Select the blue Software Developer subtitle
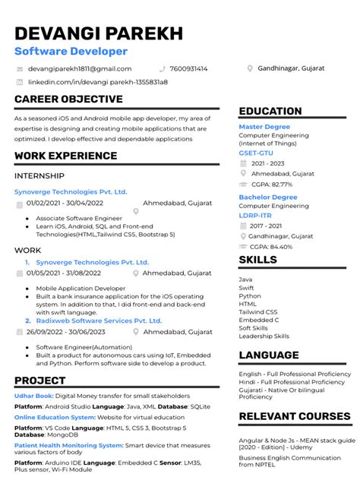[71, 51]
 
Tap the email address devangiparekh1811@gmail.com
[80, 68]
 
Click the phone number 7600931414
[188, 68]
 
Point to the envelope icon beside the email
[20, 68]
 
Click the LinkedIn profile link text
[98, 81]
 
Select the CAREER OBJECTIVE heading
[68, 99]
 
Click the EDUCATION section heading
[270, 111]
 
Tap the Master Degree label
[264, 127]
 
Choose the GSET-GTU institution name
[256, 153]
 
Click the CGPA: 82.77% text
[271, 184]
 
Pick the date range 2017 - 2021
[267, 226]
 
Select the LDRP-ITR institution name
[256, 215]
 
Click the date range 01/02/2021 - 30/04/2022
[65, 203]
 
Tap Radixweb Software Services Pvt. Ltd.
[99, 321]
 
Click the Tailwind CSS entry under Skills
[258, 311]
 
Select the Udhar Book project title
[33, 396]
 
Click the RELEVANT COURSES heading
[293, 416]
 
